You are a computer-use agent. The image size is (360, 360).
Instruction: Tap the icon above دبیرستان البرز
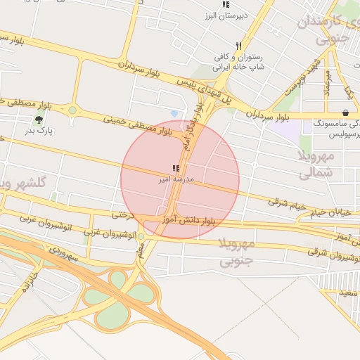(225, 5)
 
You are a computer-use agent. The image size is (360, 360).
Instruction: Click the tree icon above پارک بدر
(39, 119)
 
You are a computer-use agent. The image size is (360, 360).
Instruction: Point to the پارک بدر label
(40, 130)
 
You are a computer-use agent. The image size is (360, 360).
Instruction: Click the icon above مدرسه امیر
(175, 169)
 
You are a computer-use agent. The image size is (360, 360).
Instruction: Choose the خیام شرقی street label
(288, 203)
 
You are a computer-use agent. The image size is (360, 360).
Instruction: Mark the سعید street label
(348, 292)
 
